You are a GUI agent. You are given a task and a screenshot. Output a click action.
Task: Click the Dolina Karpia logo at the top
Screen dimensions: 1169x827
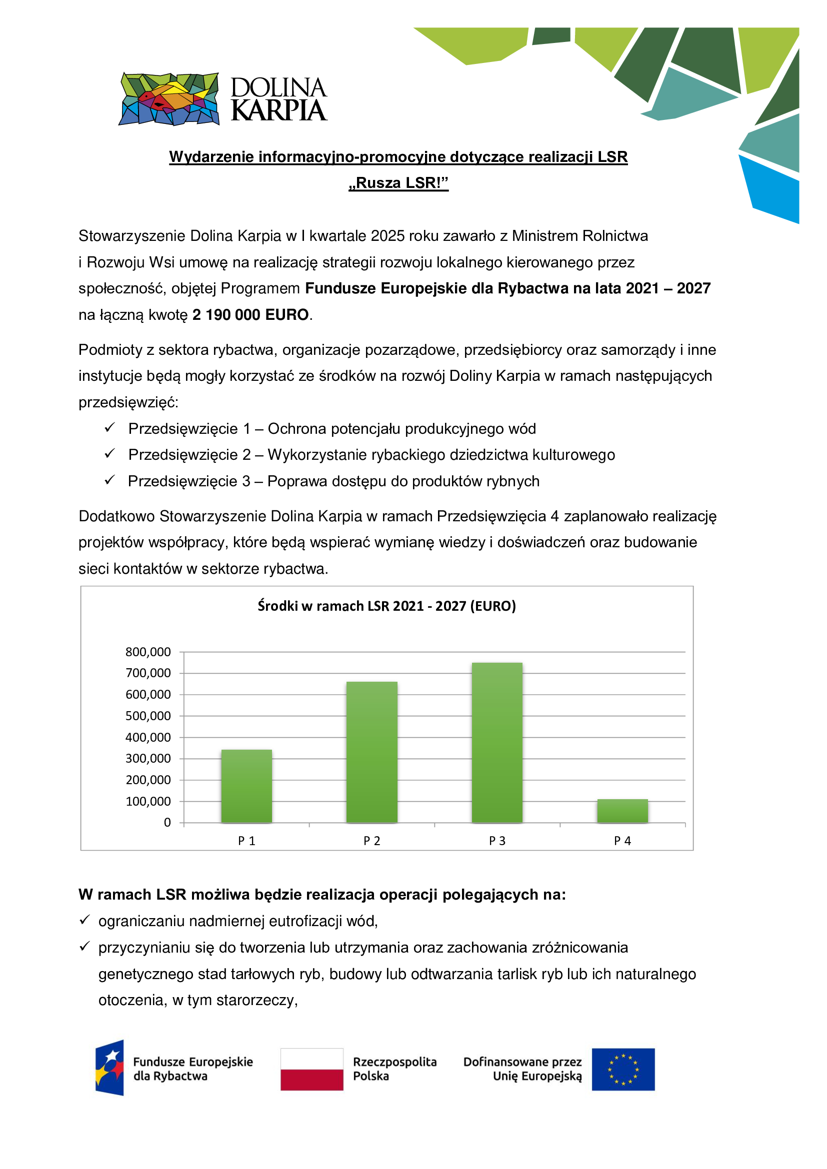pos(222,99)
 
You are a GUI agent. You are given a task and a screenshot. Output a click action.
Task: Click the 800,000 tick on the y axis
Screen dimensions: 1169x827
pos(148,652)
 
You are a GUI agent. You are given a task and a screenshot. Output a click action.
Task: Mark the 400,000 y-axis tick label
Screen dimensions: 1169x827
pos(148,737)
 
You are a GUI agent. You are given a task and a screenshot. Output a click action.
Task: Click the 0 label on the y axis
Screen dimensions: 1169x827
pos(167,822)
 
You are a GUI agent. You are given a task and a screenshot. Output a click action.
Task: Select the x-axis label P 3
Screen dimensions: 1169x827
pos(497,841)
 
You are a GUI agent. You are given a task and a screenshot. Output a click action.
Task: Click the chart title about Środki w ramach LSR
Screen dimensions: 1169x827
pos(386,606)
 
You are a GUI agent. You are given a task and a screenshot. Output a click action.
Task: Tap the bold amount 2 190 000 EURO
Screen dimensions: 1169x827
pos(250,315)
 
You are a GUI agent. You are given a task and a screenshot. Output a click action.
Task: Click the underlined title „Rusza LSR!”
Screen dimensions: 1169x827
pos(398,183)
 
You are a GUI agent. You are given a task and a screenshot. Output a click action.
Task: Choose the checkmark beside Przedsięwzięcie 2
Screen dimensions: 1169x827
pos(109,453)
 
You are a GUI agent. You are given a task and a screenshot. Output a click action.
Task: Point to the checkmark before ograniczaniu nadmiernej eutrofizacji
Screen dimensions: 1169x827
pos(84,920)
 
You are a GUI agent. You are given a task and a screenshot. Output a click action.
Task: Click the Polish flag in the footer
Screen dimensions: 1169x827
pos(311,1069)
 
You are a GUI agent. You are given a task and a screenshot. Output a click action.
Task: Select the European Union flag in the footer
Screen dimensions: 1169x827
pos(623,1069)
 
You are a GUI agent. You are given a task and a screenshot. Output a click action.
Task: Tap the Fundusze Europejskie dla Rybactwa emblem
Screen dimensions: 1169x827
pos(110,1068)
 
